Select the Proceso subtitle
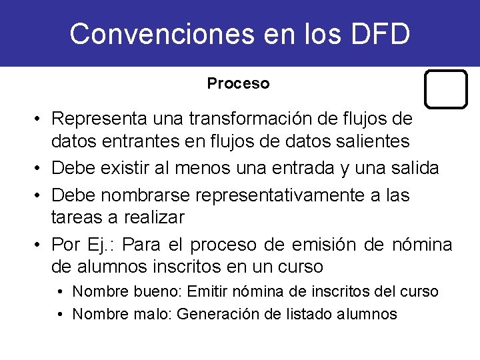coord(238,84)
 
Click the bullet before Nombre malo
coord(61,315)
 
